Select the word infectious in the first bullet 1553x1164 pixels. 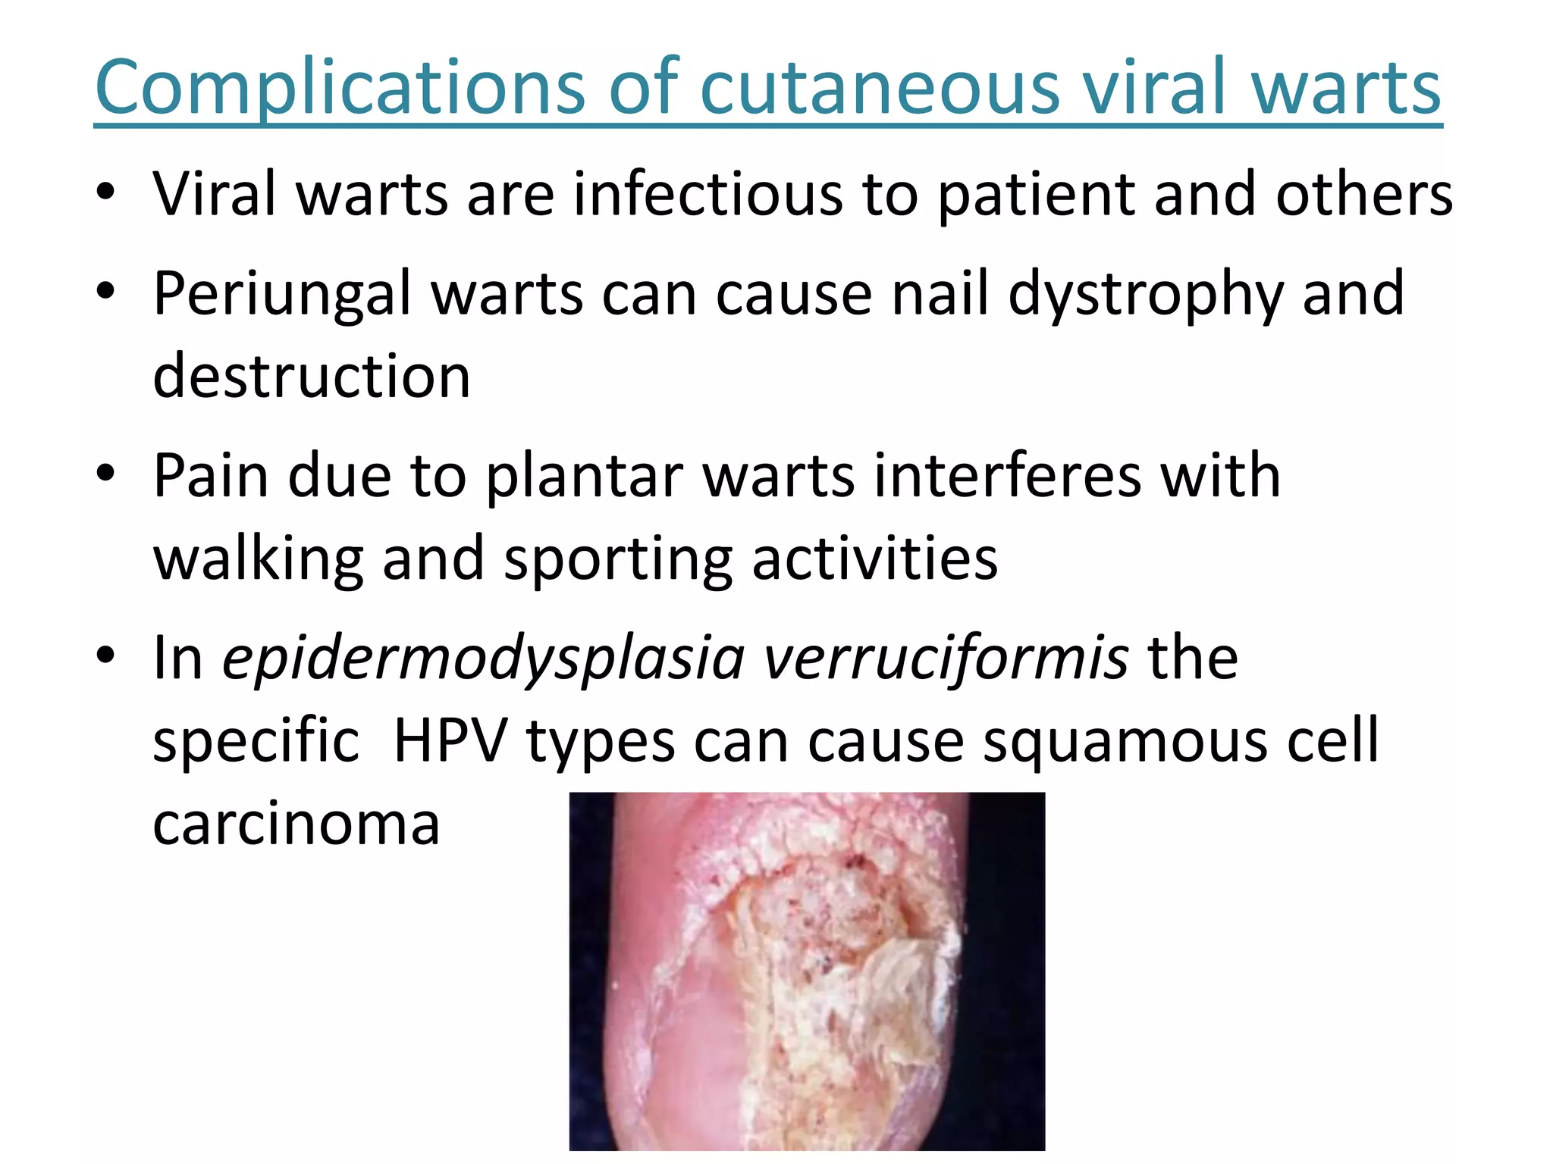pyautogui.click(x=707, y=195)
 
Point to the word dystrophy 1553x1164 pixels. pyautogui.click(x=1145, y=294)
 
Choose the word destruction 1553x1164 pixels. pyautogui.click(x=312, y=376)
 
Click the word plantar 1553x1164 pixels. pyautogui.click(x=584, y=476)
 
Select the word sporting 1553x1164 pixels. pyautogui.click(x=618, y=559)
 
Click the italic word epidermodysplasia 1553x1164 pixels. pyautogui.click(x=484, y=658)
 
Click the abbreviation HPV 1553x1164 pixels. pyautogui.click(x=450, y=740)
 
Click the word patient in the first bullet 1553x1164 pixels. pyautogui.click(x=1036, y=195)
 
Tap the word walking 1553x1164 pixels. pyautogui.click(x=259, y=559)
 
